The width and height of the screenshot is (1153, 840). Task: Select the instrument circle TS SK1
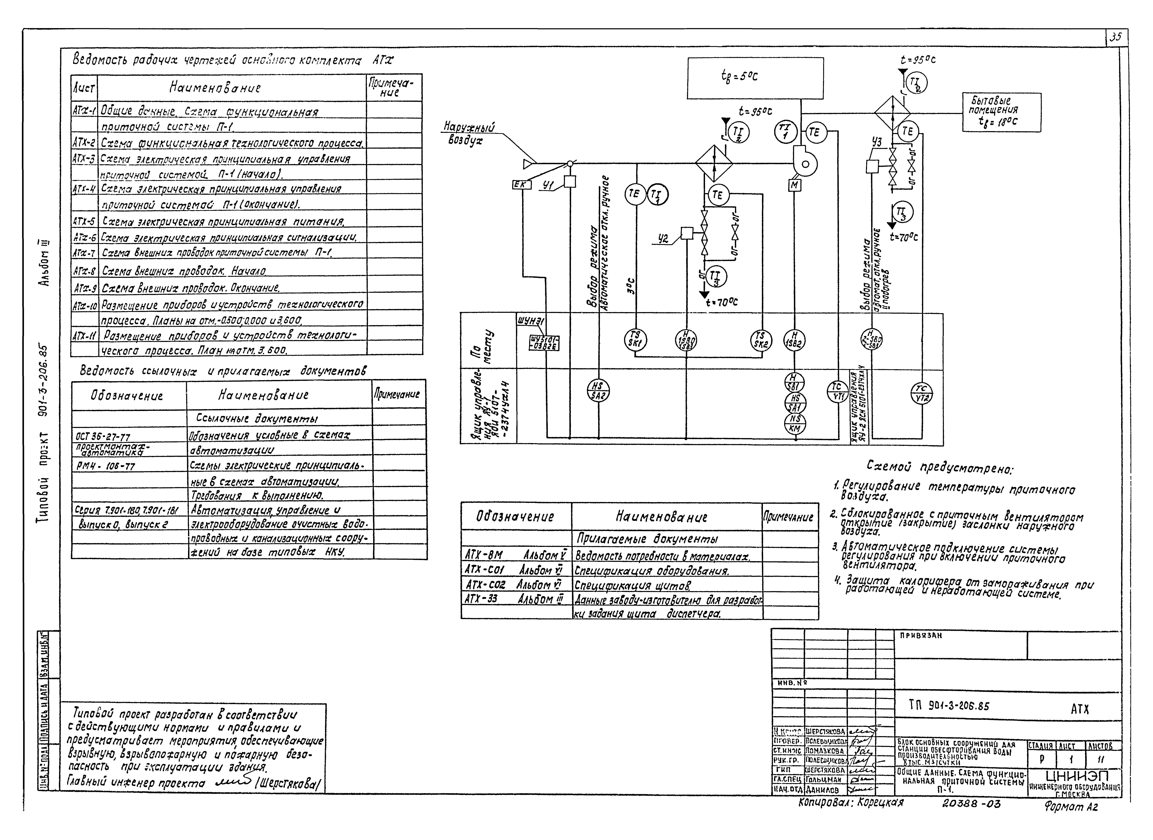point(634,340)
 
